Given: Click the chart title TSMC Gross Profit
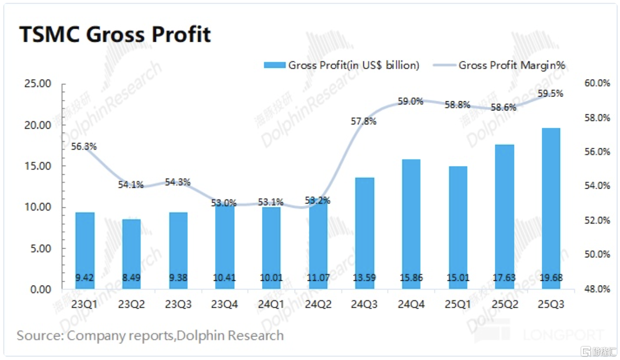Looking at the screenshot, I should tap(115, 35).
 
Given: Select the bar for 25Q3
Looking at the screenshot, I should tap(550, 208).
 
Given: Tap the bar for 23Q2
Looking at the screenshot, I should tap(131, 254).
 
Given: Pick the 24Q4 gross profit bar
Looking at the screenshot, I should tap(411, 224).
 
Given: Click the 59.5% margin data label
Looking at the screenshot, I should tap(550, 94).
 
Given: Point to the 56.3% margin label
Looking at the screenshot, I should tap(83, 147).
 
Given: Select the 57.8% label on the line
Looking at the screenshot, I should tap(364, 121).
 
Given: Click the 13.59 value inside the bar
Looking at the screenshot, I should tap(364, 277).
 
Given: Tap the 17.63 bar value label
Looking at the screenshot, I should tap(504, 277).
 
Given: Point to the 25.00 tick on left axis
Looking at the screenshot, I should tap(38, 84).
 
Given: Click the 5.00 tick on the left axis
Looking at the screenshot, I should tap(40, 249).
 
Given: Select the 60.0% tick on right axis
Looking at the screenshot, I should tap(597, 84).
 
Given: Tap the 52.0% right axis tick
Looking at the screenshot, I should tap(597, 220).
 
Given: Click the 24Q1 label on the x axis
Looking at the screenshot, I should tap(271, 304).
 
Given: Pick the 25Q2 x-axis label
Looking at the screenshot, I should tap(504, 304).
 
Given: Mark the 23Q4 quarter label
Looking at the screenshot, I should tap(225, 304).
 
